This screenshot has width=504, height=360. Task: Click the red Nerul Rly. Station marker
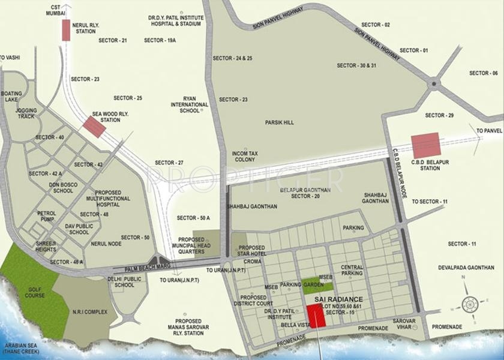(66, 30)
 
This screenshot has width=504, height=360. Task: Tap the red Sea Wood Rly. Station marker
(94, 127)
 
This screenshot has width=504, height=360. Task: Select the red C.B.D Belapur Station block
(425, 146)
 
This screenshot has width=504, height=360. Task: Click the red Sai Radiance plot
(316, 316)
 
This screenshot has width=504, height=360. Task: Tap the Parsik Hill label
(280, 122)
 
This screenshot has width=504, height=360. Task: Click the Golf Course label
(35, 292)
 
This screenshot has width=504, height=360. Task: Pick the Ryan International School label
(190, 104)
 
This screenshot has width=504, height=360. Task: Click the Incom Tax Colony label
(245, 157)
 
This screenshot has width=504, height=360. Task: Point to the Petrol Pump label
(47, 216)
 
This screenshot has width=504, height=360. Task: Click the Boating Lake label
(11, 97)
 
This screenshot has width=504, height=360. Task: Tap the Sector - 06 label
(483, 73)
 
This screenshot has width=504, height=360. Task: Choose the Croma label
(252, 262)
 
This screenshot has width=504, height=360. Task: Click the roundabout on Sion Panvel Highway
(433, 85)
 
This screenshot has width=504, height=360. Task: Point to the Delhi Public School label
(124, 282)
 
